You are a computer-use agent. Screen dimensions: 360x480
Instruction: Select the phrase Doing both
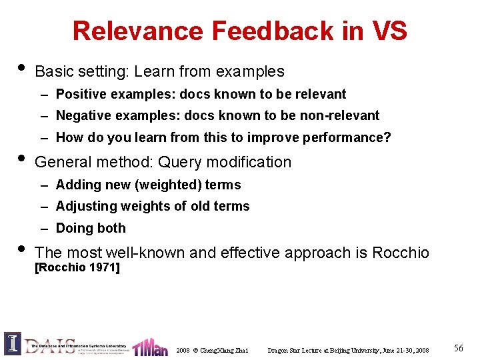coord(91,228)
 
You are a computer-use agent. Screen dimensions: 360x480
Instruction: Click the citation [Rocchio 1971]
coord(77,267)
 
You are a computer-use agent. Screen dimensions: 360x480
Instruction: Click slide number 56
coord(458,348)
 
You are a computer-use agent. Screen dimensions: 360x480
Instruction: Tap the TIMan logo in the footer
coord(150,346)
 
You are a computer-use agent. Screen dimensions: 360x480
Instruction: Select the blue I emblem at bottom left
coord(13,344)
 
